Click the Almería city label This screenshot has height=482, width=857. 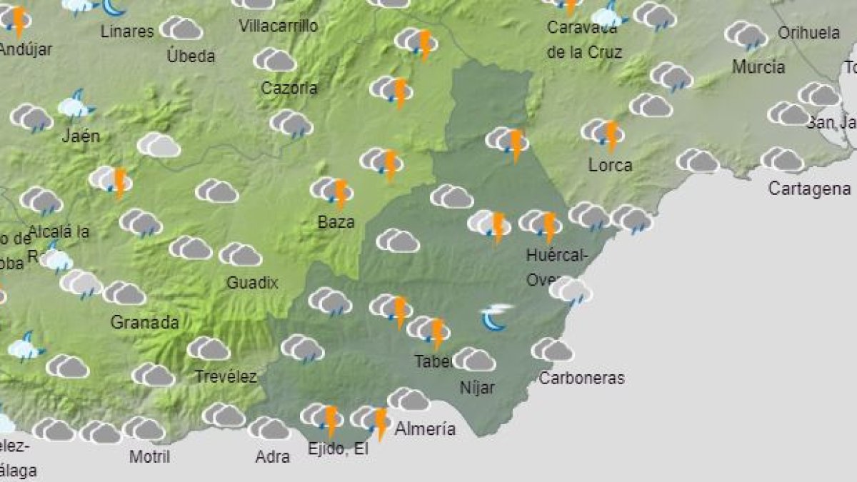[x=425, y=429]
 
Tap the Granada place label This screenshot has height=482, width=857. [x=144, y=322]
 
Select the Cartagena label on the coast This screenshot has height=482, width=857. [x=809, y=189]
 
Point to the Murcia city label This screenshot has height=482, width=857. [x=758, y=67]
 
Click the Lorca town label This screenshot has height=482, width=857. [x=610, y=165]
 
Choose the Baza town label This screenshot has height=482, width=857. [x=336, y=221]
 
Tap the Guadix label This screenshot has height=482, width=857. [x=252, y=283]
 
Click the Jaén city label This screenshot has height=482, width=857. [x=80, y=136]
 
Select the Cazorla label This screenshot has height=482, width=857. [x=289, y=89]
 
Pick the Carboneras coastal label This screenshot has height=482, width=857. [x=581, y=378]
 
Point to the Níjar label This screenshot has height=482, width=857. [x=478, y=388]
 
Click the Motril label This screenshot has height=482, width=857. [x=149, y=456]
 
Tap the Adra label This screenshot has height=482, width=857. [x=272, y=456]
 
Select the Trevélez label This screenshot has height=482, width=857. [x=226, y=376]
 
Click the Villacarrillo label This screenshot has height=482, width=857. [x=278, y=26]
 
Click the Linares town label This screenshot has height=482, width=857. [x=127, y=31]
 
